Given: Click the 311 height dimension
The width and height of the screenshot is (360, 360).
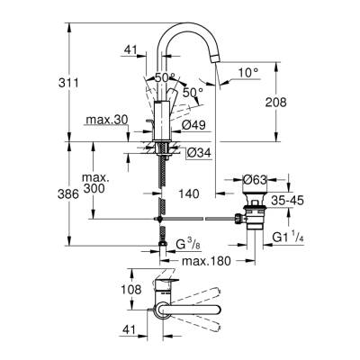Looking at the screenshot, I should pos(80,83).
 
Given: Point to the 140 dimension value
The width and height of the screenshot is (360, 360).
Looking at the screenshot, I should pos(187,192).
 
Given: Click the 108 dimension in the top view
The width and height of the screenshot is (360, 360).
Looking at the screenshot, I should pos(131,291).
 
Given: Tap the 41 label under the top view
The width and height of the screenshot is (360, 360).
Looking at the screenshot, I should pos(131,329).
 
